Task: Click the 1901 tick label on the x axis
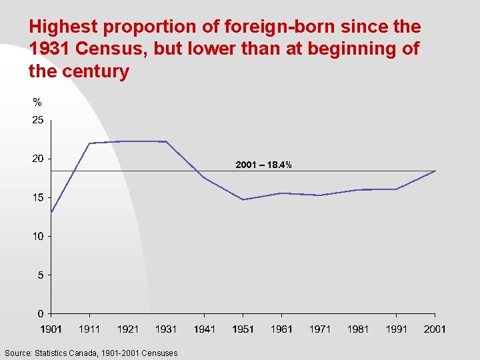coord(51,329)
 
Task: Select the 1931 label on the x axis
coord(166,329)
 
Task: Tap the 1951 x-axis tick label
coord(243,329)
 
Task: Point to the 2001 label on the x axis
coord(435,329)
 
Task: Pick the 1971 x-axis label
coord(320,329)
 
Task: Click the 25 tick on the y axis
coord(37,121)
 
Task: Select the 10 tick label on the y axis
coord(37,236)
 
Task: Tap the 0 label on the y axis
coord(40,313)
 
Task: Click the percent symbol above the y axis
coord(37,103)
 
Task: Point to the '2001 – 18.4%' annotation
coord(263,165)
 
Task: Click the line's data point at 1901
coord(51,213)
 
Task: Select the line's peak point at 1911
coord(90,143)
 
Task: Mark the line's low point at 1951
coord(243,199)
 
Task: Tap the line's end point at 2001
coord(435,171)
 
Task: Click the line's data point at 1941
coord(205,178)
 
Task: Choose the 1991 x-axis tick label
coord(397,329)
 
